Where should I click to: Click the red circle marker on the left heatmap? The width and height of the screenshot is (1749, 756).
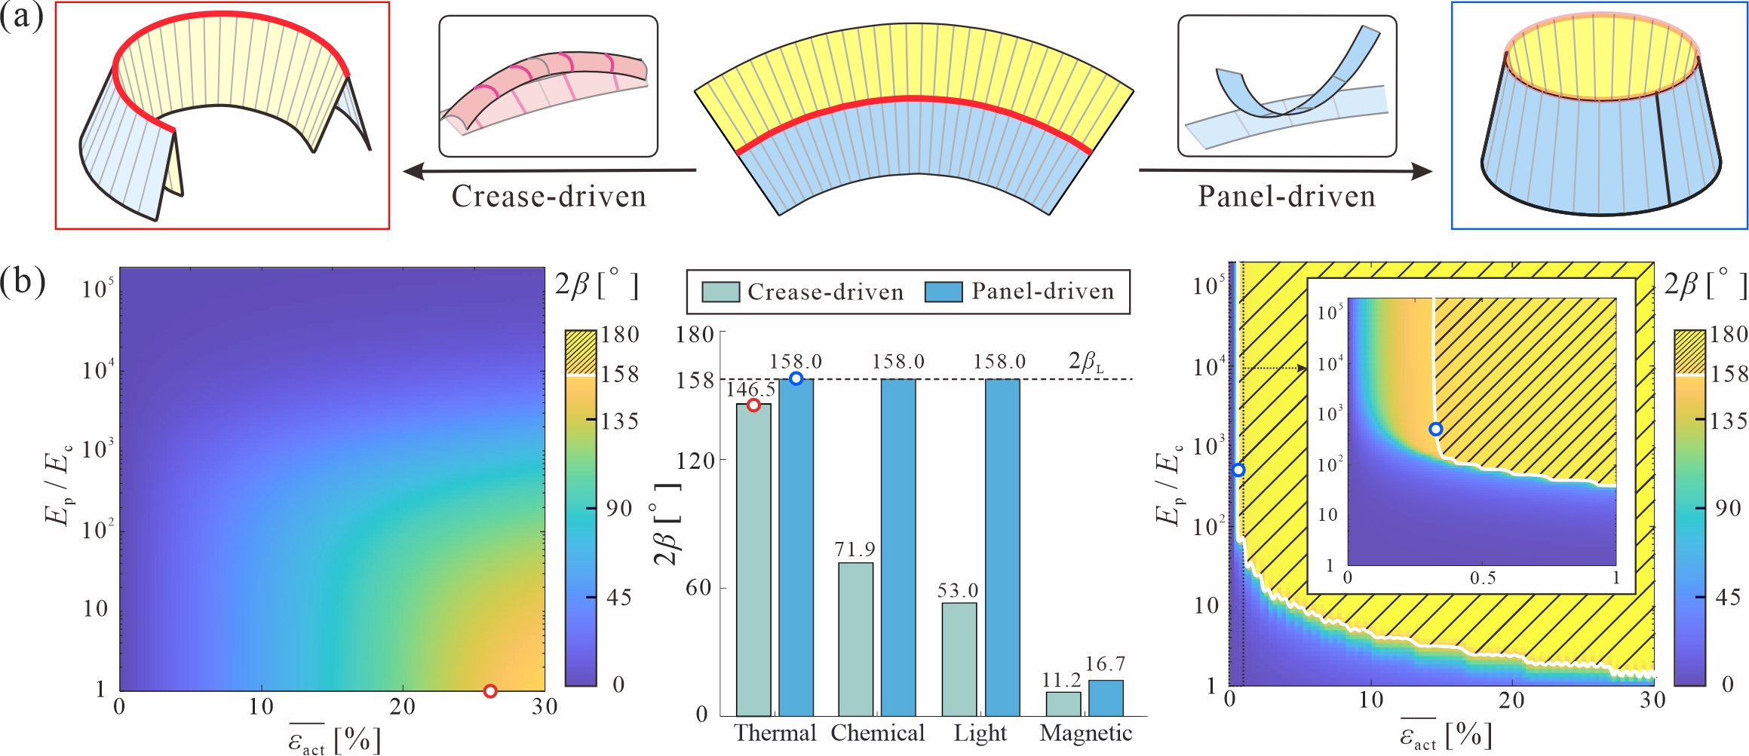coord(490,691)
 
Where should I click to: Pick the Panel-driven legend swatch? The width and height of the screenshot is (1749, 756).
coord(944,292)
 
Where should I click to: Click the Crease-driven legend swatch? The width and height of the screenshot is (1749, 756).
coord(720,292)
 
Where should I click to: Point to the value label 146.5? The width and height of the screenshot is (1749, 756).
coord(750,389)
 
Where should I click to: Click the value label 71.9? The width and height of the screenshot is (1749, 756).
coord(855,549)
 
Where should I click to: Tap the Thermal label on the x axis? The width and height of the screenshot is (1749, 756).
coord(775,733)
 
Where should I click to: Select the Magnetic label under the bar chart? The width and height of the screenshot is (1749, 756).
coord(1086,733)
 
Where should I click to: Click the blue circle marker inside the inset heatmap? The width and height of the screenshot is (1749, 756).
coord(1436,429)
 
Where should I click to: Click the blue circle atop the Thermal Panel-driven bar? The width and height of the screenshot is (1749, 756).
coord(796,378)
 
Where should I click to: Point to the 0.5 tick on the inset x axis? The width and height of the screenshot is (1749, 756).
coord(1482,578)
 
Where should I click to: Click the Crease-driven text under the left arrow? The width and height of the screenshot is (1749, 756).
coord(549,197)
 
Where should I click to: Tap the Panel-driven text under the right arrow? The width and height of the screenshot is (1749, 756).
coord(1287,197)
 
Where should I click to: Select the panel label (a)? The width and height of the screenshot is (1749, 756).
coord(22,17)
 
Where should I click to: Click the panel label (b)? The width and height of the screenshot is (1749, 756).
coord(23,282)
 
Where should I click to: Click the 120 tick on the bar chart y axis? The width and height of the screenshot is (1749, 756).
coord(695,461)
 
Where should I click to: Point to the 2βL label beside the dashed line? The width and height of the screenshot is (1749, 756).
coord(1086,363)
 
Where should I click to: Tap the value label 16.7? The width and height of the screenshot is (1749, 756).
coord(1105,665)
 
